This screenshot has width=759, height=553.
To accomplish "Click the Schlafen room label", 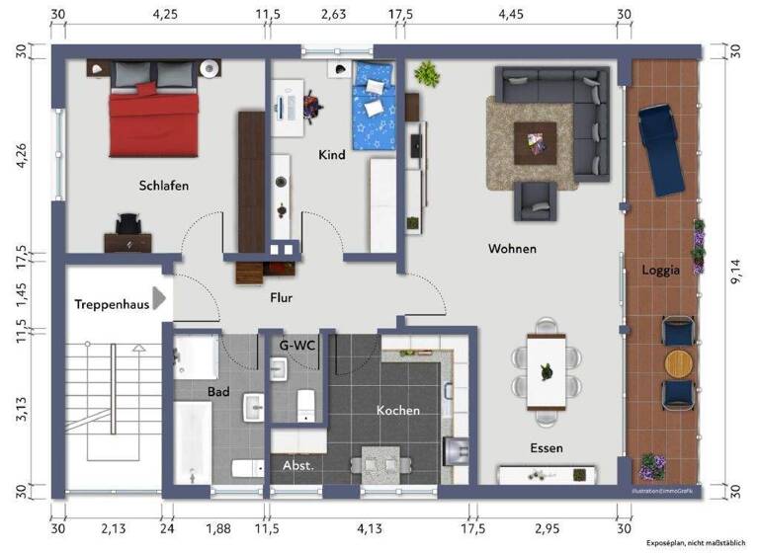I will tap(164, 185).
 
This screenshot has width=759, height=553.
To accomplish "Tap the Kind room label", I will tap(332, 155).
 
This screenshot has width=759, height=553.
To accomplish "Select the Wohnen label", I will tap(512, 249).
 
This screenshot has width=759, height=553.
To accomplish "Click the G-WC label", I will tap(297, 345).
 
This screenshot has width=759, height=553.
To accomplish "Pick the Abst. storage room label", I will tap(297, 465).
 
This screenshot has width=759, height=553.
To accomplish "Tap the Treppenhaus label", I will tap(111, 304).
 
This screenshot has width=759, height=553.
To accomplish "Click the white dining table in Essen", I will tap(546, 371).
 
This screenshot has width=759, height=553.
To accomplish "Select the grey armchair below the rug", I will tap(538, 201).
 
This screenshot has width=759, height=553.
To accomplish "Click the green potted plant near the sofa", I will tap(427, 73).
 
